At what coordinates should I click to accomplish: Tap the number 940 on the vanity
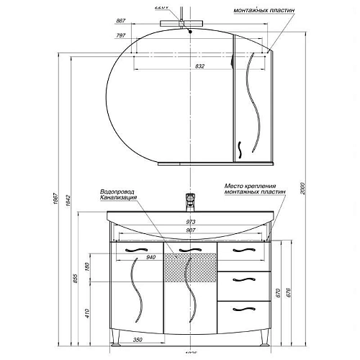coord(151,256)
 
